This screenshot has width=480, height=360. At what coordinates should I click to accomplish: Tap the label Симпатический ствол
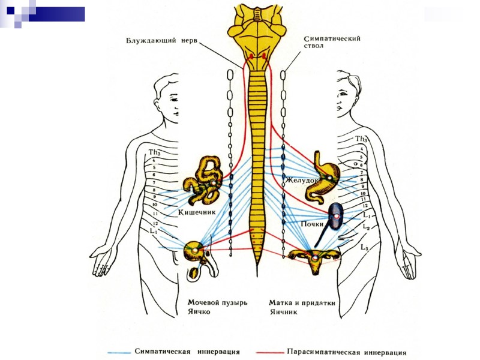point(331,43)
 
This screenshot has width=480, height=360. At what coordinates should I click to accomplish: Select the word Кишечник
point(197,212)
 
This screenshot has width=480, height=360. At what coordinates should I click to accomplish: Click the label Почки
point(313,223)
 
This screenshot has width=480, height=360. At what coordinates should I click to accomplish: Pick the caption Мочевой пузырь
point(217,302)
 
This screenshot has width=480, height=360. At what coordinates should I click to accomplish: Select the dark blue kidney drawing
point(337,215)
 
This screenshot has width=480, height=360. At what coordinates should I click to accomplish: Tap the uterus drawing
point(315,259)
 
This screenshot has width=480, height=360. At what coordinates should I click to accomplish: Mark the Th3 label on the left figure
point(155,152)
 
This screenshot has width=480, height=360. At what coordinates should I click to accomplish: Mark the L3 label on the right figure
point(364,247)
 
